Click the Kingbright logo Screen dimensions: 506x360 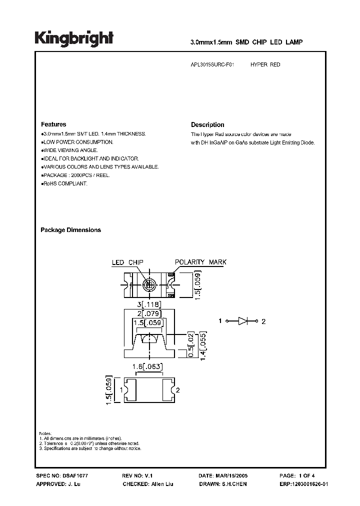[74, 38]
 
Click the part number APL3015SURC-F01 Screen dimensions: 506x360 [212, 65]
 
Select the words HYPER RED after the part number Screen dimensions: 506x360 [265, 65]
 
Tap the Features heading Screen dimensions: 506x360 [53, 124]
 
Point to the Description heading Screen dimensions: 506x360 [207, 125]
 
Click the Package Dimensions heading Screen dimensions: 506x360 [70, 230]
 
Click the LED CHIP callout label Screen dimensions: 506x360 [127, 262]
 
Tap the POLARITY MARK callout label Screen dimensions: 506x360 [200, 262]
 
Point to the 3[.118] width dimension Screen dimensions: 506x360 [148, 304]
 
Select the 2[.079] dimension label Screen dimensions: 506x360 [148, 313]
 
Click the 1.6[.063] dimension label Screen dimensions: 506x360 [148, 367]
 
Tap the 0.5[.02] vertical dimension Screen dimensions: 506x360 [191, 343]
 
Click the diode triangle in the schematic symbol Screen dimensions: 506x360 [243, 321]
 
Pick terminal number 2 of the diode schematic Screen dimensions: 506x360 [263, 321]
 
